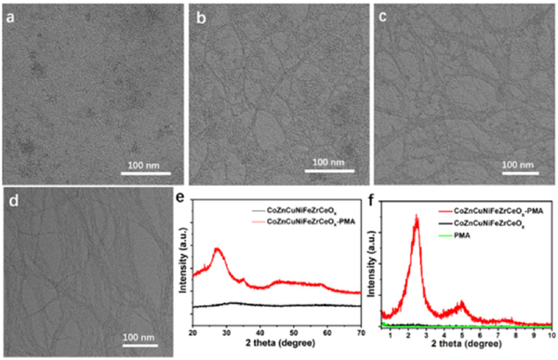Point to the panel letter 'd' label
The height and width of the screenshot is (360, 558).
tap(11, 199)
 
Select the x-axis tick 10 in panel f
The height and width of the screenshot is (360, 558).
tap(551, 334)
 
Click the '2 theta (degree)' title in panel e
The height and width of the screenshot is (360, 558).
tap(275, 346)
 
